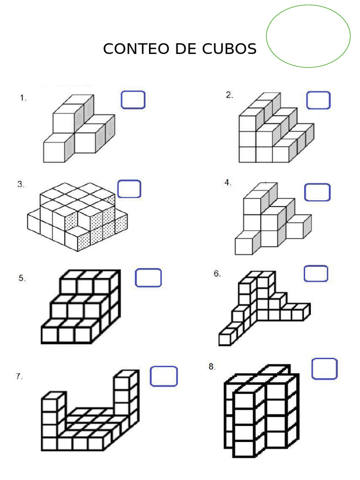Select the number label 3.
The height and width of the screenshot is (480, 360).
tap(21, 184)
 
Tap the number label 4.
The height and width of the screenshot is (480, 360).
tap(228, 182)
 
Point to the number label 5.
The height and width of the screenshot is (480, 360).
tap(22, 278)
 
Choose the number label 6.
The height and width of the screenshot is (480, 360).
tap(217, 273)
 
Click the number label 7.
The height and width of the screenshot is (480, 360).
tap(19, 376)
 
